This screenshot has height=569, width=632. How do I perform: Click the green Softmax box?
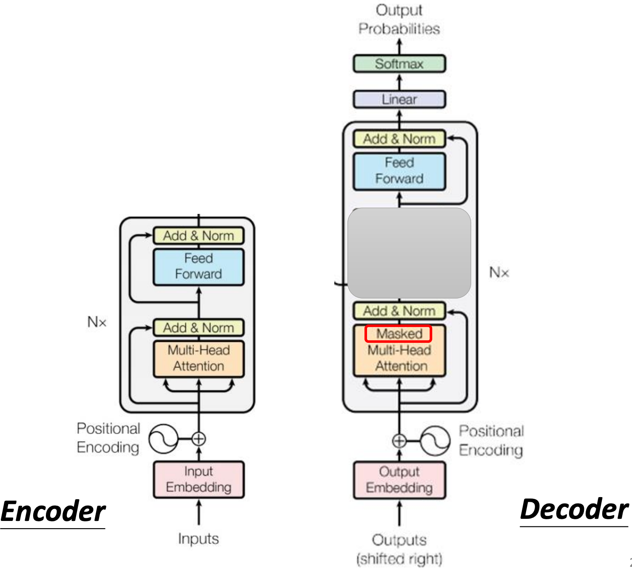[399, 64]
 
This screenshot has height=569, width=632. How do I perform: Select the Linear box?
[399, 100]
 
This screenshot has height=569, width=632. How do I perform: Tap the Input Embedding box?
[199, 479]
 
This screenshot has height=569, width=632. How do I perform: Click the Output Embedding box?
[399, 480]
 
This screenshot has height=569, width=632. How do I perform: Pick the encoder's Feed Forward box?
[199, 267]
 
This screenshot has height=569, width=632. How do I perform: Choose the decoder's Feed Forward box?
[399, 171]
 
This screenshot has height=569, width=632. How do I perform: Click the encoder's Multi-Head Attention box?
[199, 358]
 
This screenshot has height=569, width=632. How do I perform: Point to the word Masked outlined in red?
[399, 334]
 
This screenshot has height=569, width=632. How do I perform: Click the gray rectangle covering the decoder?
[409, 253]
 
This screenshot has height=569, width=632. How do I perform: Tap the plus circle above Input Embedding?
[199, 438]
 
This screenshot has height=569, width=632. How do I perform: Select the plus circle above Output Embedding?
[399, 441]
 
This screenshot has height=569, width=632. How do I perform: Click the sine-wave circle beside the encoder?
[163, 439]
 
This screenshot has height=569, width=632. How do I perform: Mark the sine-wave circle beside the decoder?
[435, 441]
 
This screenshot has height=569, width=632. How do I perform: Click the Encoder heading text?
[53, 512]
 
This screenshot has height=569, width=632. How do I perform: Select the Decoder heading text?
[574, 509]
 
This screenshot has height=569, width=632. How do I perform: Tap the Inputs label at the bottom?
[198, 539]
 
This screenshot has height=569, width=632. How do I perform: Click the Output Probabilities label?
[399, 20]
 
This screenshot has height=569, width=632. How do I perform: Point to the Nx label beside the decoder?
[499, 272]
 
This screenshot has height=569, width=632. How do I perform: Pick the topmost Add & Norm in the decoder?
[399, 139]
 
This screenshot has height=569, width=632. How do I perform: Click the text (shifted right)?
[399, 558]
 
